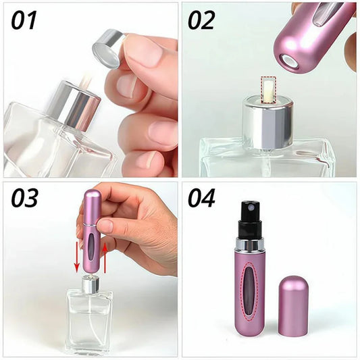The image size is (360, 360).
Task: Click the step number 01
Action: coord(24,20)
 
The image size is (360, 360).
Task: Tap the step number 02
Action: coord(201,20)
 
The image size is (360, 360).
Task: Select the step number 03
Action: coord(24,198)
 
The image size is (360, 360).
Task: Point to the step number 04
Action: coord(201,198)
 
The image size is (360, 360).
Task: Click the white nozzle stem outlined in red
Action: coord(268,91)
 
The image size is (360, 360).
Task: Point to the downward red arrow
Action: coord(77,260)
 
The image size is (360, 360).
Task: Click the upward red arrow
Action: coord(105,258)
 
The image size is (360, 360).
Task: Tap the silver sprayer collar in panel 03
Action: coord(91,284)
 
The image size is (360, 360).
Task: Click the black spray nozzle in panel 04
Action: coord(251,220)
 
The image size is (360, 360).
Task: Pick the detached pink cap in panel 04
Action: coord(293,306)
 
